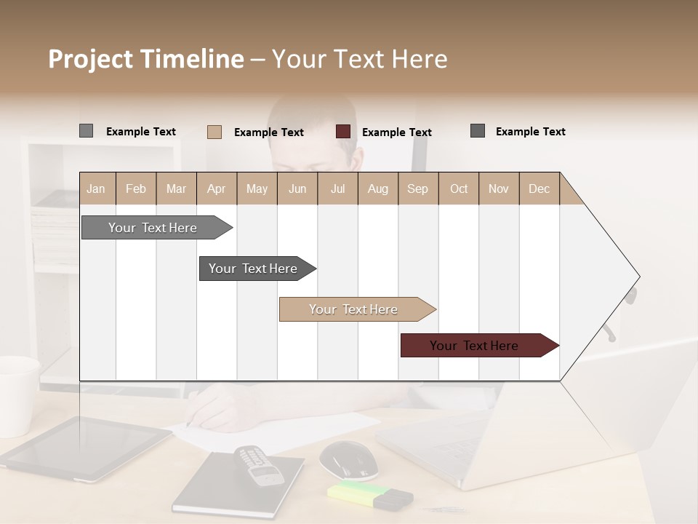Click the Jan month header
97,188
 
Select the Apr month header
217,188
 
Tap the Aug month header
377,188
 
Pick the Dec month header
539,188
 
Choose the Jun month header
297,188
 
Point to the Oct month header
459,188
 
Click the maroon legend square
343,132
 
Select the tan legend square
214,132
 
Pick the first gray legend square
87,131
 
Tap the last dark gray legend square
478,131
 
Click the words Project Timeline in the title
146,59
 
